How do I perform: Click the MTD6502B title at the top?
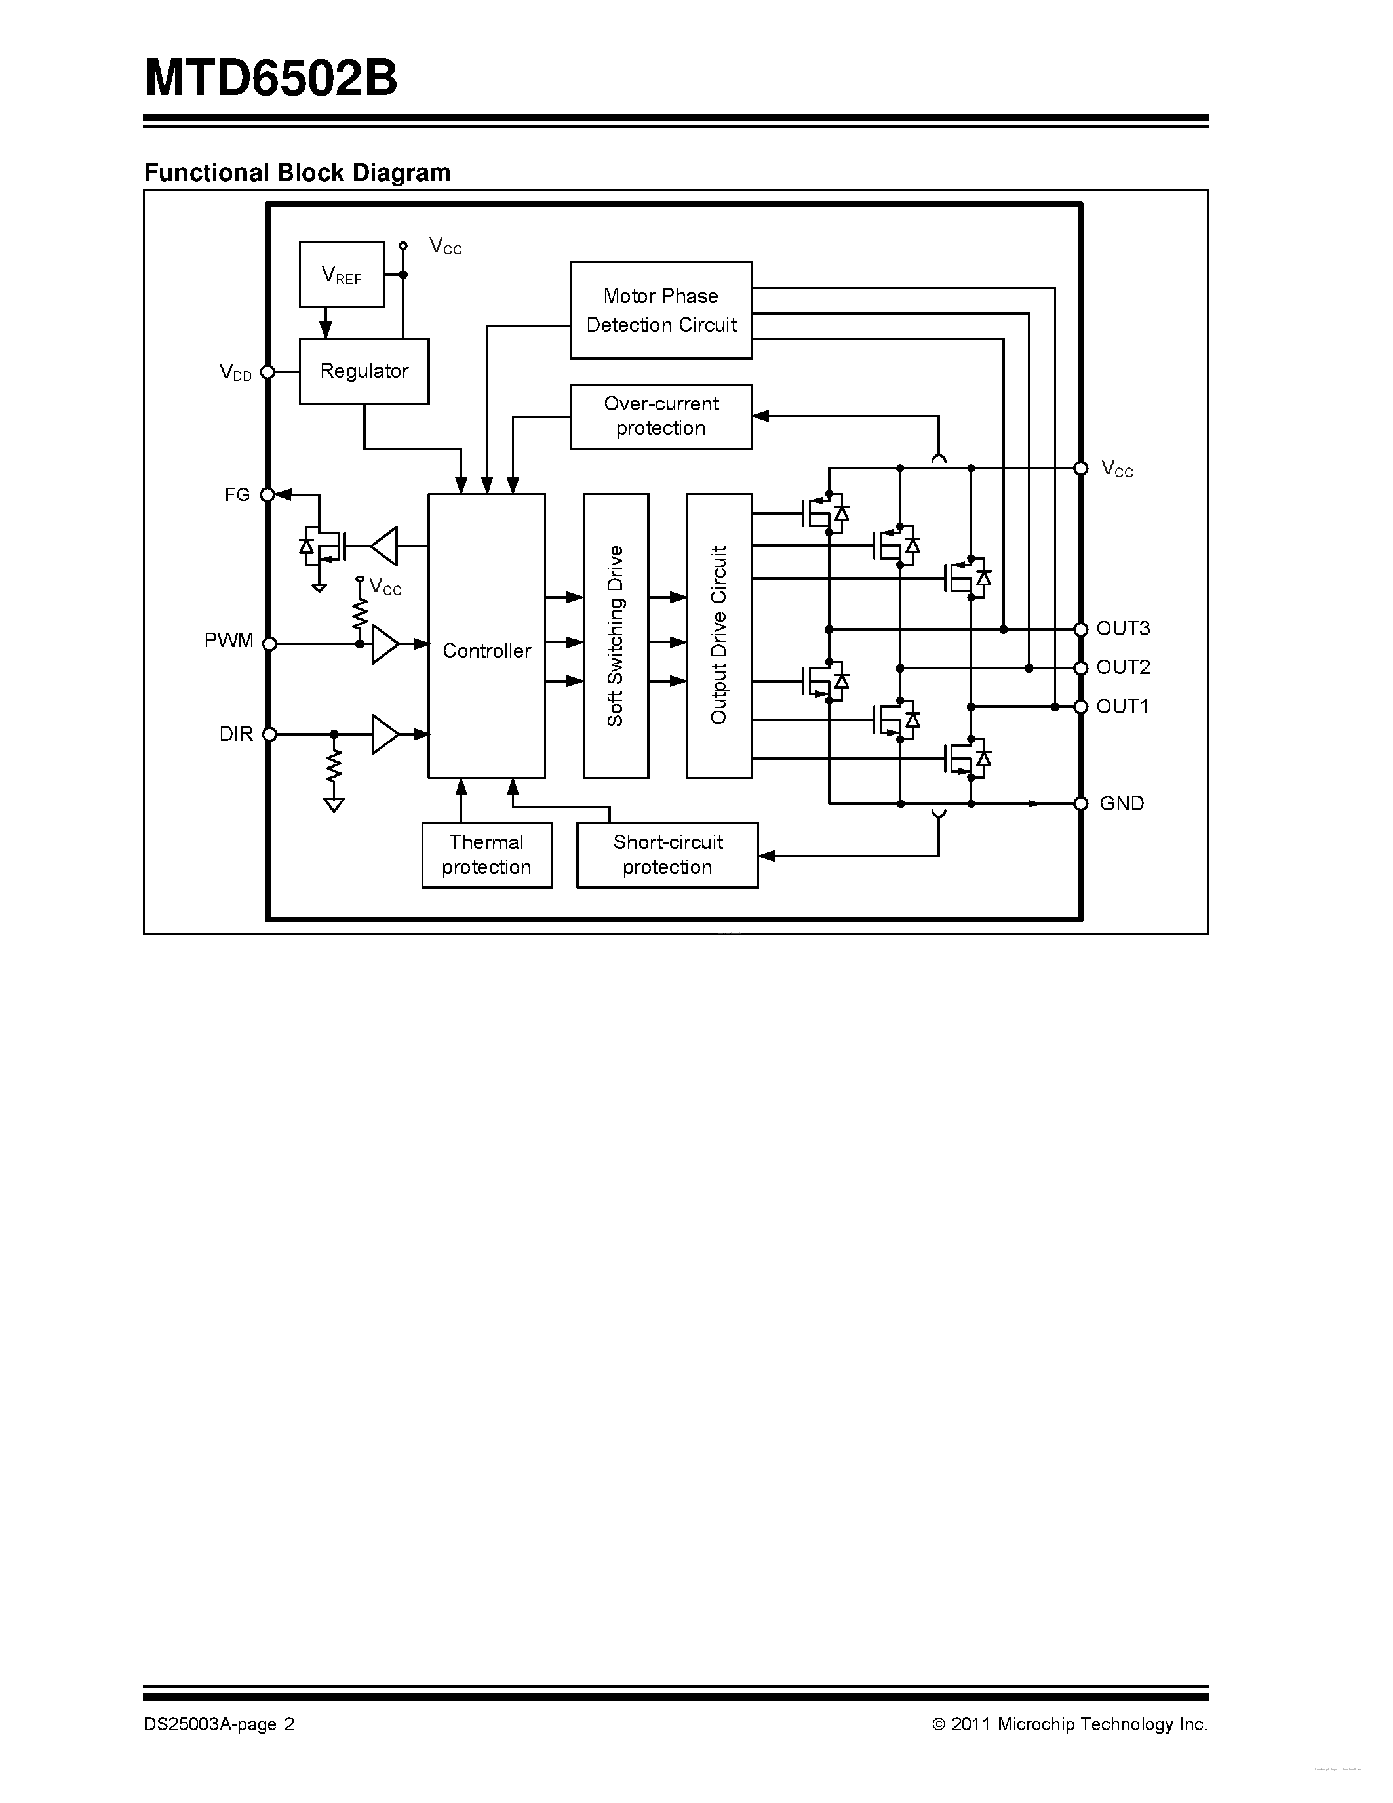[x=271, y=79]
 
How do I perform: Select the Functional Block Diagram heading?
[x=297, y=172]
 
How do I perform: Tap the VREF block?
[x=341, y=274]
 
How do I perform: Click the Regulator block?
[x=364, y=372]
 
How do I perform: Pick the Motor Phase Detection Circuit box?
[x=660, y=310]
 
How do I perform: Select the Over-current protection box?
[x=660, y=416]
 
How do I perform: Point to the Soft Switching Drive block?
[x=616, y=636]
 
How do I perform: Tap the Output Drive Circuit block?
[x=718, y=636]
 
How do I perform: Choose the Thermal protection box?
[x=486, y=855]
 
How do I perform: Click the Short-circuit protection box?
[x=667, y=855]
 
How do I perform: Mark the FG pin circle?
[x=267, y=494]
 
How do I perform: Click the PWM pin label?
[x=229, y=641]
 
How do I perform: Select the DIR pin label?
[x=236, y=734]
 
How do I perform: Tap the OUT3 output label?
[x=1122, y=628]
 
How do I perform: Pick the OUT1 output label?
[x=1122, y=706]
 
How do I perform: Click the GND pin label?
[x=1122, y=803]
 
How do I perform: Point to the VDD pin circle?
[x=267, y=372]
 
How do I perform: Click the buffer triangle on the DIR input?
[x=383, y=734]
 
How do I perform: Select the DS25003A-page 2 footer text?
[x=219, y=1724]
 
